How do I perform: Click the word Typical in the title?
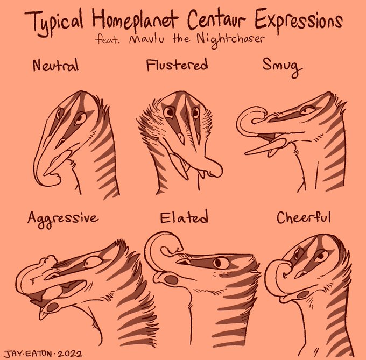[x=57, y=22]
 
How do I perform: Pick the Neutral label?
[x=55, y=66]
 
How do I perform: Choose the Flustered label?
[x=177, y=66]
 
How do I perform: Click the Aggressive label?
[x=63, y=218]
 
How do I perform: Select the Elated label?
[x=184, y=218]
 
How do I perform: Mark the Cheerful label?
[x=304, y=218]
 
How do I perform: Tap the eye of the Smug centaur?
[x=309, y=110]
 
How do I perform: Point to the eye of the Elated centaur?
[x=219, y=263]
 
